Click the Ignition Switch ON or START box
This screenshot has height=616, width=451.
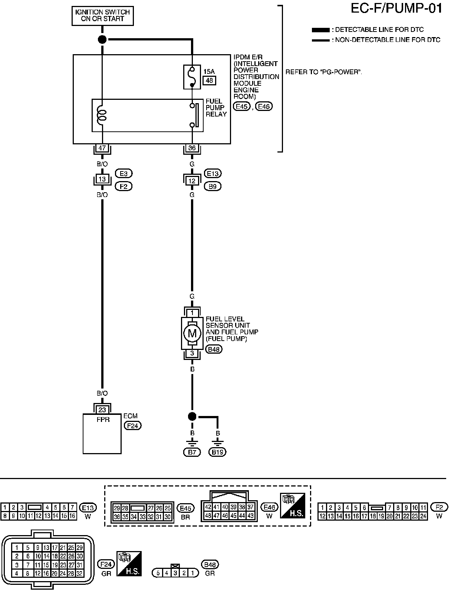(103, 16)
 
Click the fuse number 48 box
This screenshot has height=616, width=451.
(210, 81)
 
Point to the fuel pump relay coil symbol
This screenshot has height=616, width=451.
(101, 115)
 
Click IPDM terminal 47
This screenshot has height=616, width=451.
(102, 148)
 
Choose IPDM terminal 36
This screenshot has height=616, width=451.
(192, 148)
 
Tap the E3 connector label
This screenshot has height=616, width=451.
(124, 173)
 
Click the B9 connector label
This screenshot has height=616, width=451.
(213, 186)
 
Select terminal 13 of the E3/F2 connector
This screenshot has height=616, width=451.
(102, 179)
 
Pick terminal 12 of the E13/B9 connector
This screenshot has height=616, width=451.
(192, 181)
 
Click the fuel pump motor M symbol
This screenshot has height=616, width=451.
(192, 333)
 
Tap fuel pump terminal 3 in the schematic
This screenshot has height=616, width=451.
(192, 353)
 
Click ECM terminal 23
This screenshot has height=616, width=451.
(102, 410)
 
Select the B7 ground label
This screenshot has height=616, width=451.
(192, 452)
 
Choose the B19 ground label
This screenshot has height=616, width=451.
(217, 452)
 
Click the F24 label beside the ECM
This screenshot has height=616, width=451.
(132, 426)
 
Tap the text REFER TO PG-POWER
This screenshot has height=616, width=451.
(323, 72)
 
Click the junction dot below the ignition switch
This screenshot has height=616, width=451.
(102, 39)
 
